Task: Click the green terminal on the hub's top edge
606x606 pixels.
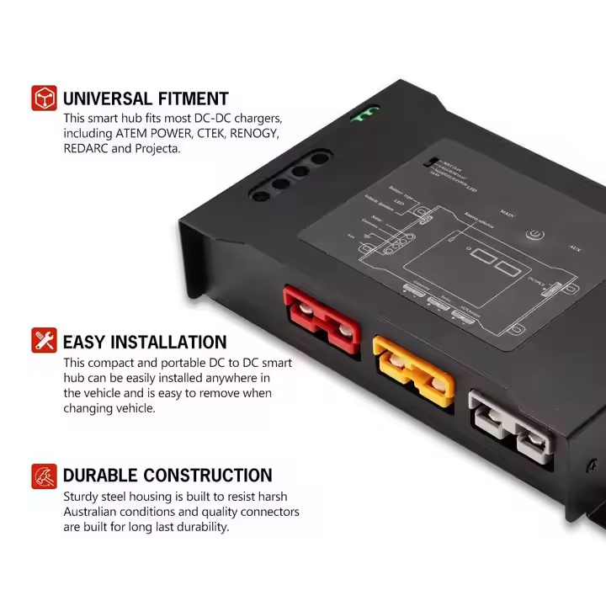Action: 364,114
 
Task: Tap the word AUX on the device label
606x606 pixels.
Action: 576,248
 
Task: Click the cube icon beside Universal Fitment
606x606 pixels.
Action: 44,98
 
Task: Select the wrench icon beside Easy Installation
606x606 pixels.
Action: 44,341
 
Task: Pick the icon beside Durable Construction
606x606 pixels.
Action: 44,476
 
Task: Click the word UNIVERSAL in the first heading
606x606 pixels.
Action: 107,98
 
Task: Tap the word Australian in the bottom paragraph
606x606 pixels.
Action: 98,512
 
